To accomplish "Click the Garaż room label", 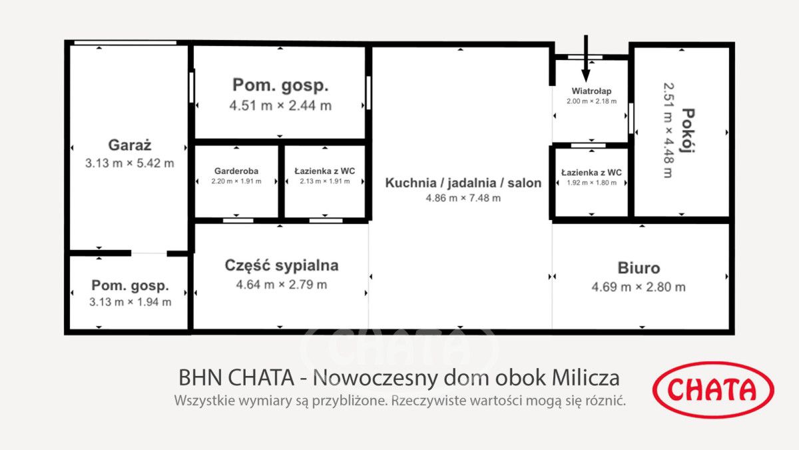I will pos(130,145).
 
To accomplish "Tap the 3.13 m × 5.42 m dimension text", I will pos(130,163).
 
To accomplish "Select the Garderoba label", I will pos(236,171).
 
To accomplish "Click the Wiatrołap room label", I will pos(591,91).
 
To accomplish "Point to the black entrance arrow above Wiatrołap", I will pos(586,57).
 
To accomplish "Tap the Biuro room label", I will pos(639,268).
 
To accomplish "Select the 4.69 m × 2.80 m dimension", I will pos(639,287).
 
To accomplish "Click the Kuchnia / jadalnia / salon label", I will pos(463,183).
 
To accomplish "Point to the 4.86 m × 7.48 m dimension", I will pos(463,198).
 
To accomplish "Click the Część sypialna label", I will pos(281,265).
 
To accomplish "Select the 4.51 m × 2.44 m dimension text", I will pos(280,105).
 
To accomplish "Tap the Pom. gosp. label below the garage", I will pos(130,285).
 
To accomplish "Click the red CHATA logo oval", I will pos(713,390).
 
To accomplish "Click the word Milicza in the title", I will pos(586,378).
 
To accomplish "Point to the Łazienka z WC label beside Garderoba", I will pos(325,171).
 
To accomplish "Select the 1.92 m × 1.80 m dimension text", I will pos(591,183).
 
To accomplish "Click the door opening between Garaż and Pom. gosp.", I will pos(148,253).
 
